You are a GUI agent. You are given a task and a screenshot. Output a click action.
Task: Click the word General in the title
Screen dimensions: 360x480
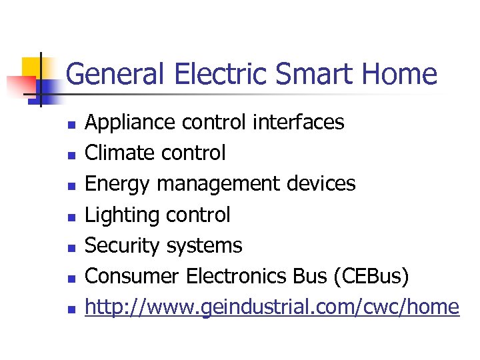[x=115, y=74]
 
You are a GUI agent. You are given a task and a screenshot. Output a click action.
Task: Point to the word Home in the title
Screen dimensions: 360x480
[x=403, y=74]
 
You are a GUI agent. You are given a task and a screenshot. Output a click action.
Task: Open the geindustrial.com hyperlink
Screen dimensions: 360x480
[x=273, y=307]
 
